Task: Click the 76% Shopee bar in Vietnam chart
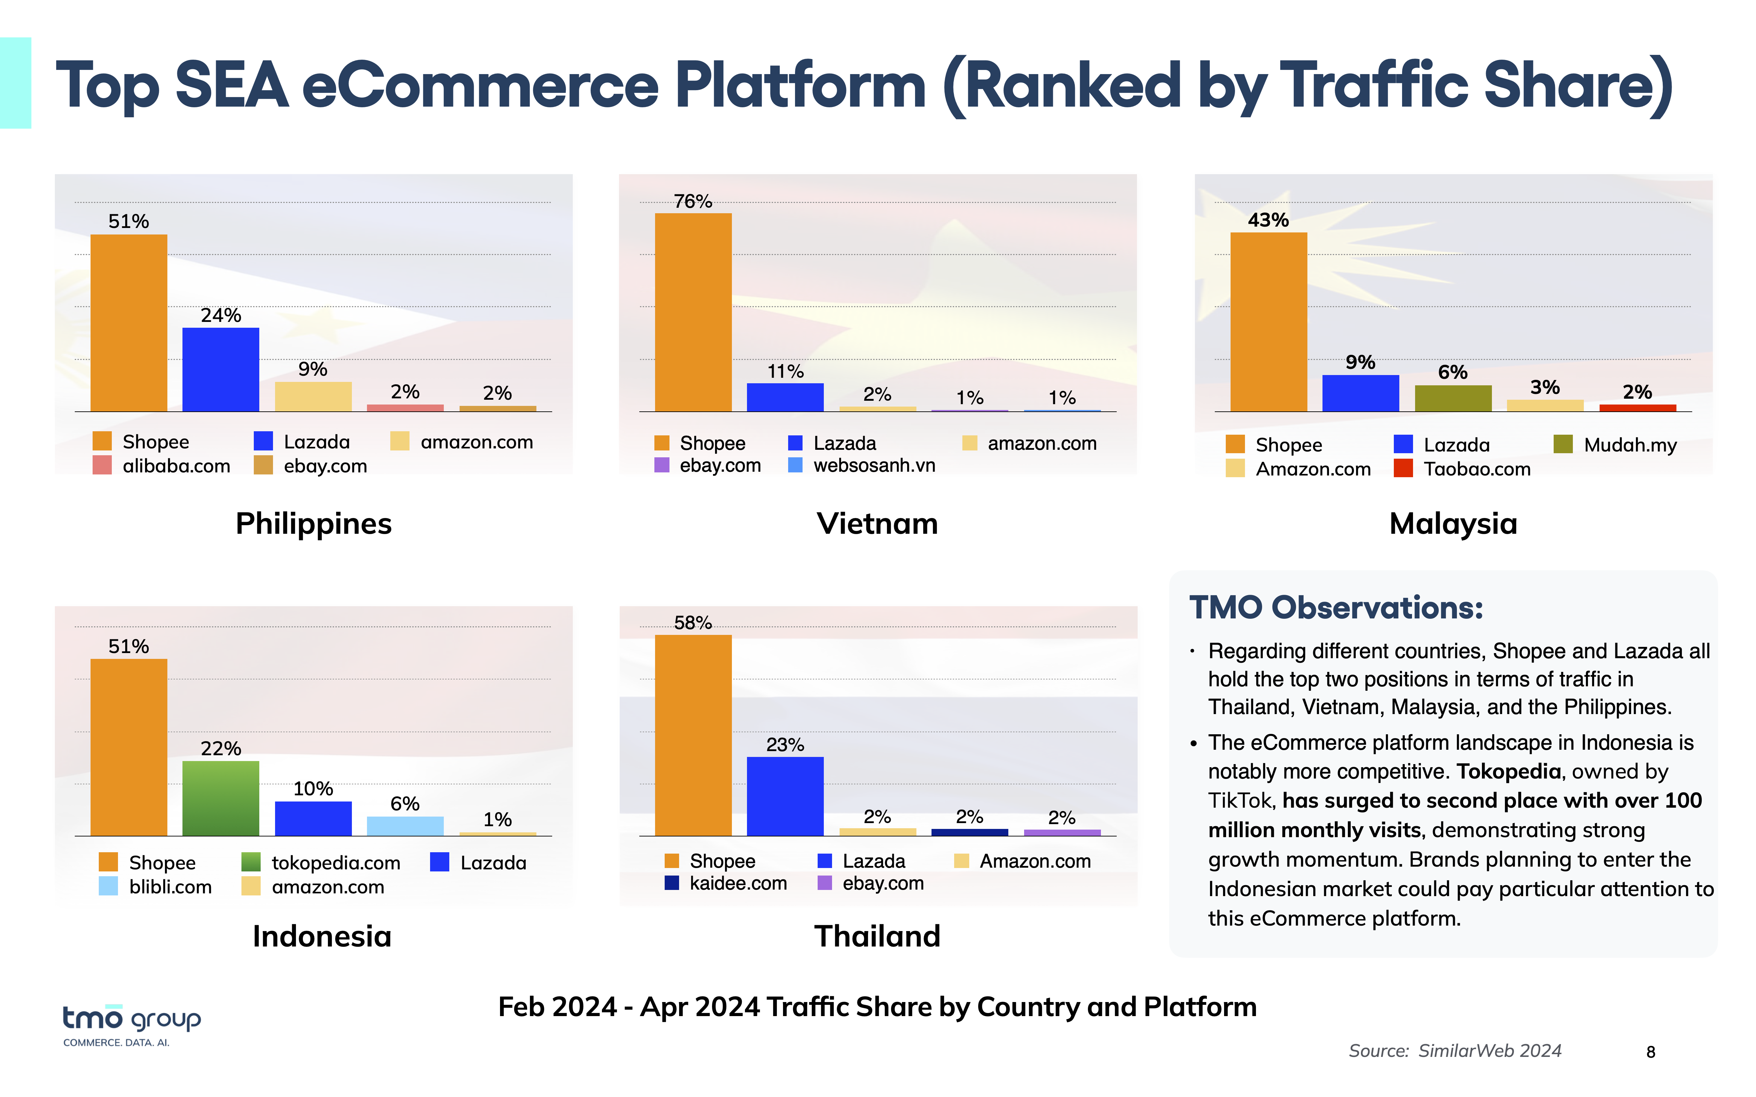[693, 312]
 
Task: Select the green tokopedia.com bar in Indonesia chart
[221, 798]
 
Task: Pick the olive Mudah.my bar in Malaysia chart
[1453, 398]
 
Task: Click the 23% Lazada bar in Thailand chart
[785, 796]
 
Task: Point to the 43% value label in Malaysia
[1268, 220]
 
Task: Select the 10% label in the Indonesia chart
[313, 789]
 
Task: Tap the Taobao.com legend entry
[1463, 469]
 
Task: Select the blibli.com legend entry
[156, 887]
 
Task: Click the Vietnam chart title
[877, 523]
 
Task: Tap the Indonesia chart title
[321, 936]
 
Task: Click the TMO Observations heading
[1336, 607]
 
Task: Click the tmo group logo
[131, 1024]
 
